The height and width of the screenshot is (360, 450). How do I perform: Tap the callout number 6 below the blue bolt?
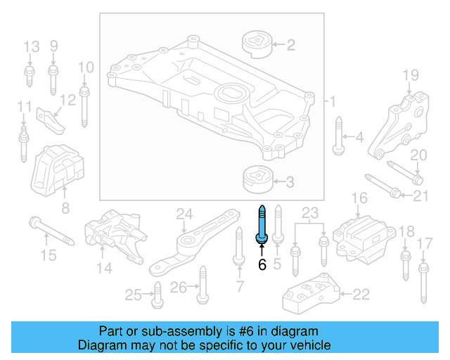tap(262, 265)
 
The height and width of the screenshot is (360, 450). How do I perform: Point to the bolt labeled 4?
tap(338, 136)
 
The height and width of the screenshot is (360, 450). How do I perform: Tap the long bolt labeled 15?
tap(51, 232)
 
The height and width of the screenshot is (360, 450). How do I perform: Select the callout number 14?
tap(104, 267)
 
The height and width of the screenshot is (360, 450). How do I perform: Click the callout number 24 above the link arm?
tap(184, 214)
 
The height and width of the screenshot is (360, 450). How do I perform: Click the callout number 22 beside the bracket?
tap(360, 295)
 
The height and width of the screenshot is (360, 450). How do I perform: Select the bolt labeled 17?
tap(423, 281)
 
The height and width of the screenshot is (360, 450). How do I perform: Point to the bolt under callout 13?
tap(30, 77)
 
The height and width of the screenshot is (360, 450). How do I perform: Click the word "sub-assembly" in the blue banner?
tap(157, 331)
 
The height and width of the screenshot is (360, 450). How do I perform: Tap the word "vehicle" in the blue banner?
tap(309, 345)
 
